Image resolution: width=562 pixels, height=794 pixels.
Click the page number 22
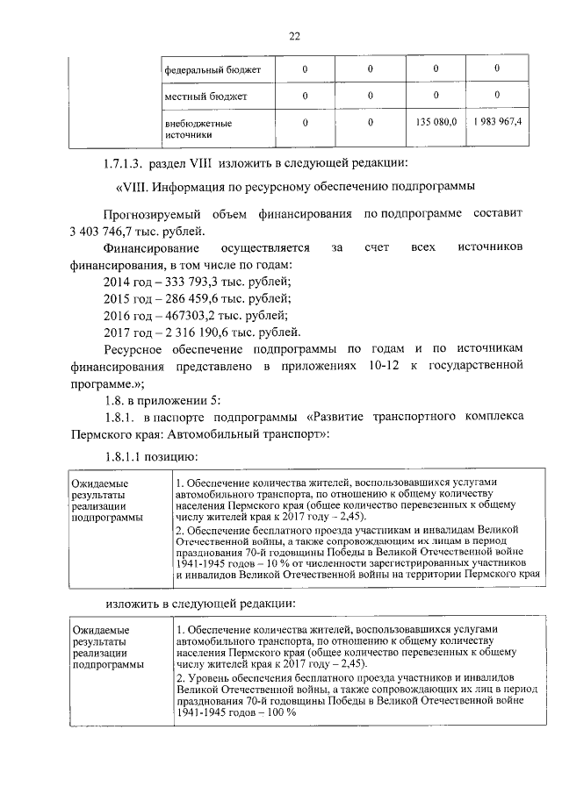293,35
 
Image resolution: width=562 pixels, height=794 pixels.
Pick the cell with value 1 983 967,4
497,120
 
